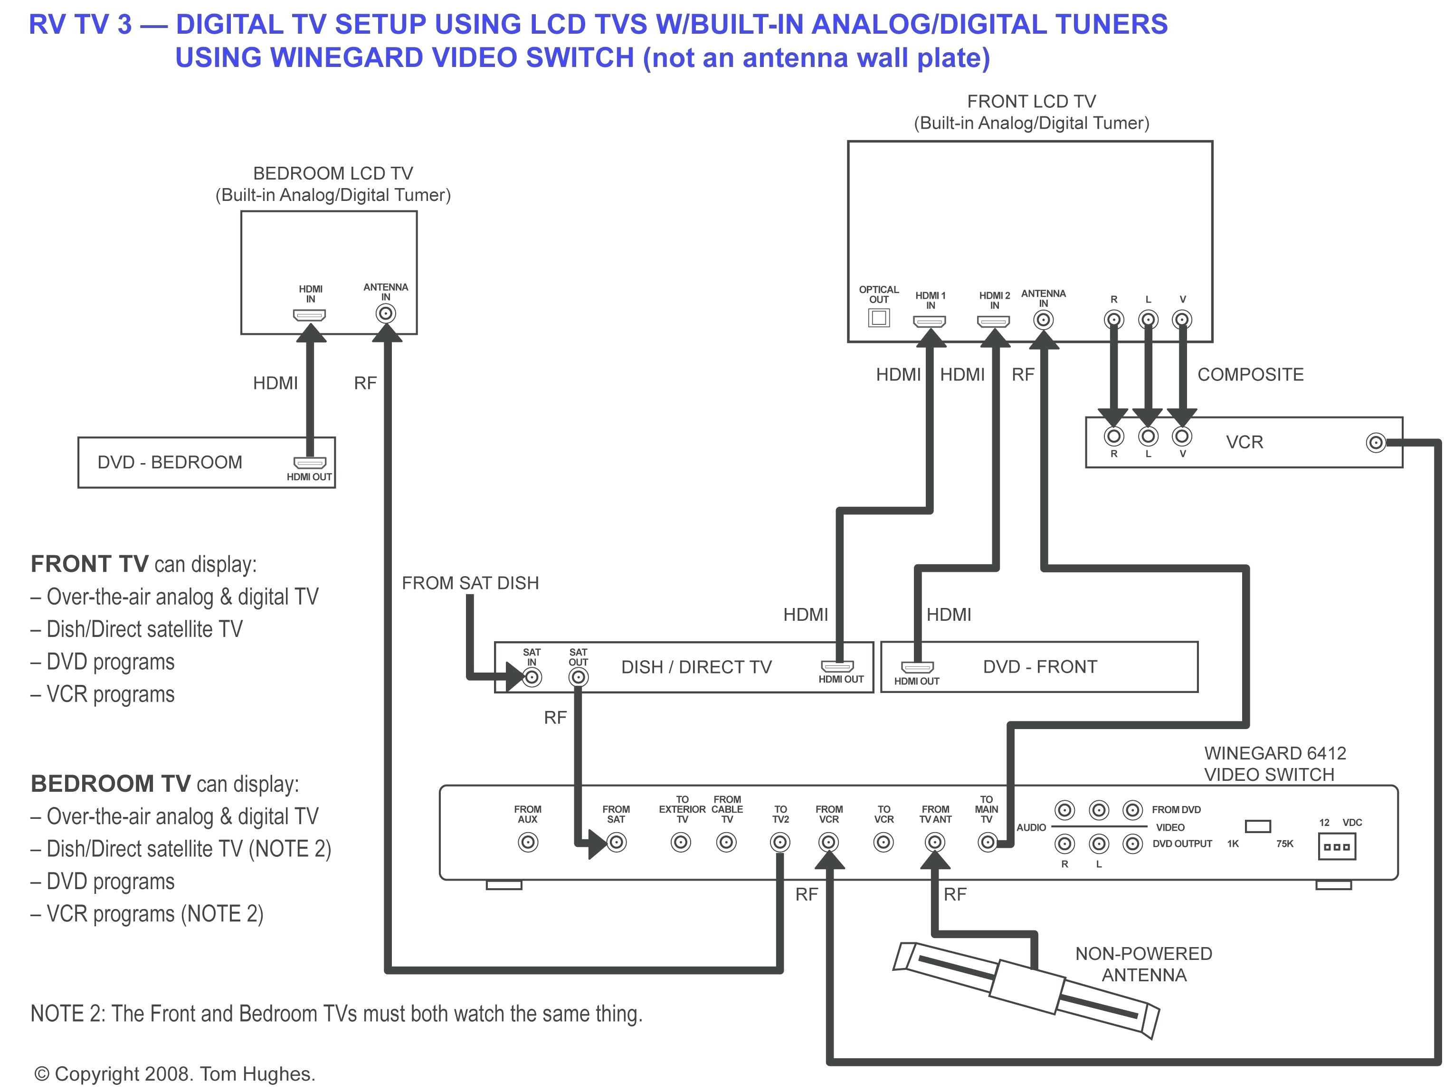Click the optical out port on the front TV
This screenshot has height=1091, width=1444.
(x=879, y=318)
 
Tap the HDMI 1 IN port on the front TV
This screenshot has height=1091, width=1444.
(x=929, y=321)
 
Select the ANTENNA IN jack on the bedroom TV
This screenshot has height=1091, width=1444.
(x=386, y=314)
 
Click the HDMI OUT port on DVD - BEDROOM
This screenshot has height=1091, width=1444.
(x=309, y=463)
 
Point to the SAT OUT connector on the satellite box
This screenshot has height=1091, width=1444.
(x=578, y=677)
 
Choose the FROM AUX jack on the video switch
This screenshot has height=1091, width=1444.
(x=527, y=842)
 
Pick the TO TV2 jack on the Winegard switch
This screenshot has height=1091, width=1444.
(x=779, y=842)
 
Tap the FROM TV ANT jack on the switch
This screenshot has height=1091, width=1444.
(x=935, y=842)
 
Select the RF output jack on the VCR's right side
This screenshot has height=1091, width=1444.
(x=1376, y=443)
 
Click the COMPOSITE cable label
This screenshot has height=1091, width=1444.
(x=1250, y=375)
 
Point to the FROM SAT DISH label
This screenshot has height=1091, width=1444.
(x=470, y=583)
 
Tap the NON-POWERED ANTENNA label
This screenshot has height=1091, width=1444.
(x=1144, y=964)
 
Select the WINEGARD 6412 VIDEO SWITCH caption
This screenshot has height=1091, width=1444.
(x=1275, y=764)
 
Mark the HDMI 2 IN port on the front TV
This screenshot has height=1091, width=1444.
(x=993, y=321)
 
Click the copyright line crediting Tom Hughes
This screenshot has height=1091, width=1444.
(x=175, y=1074)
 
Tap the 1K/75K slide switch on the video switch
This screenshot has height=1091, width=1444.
(x=1258, y=826)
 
